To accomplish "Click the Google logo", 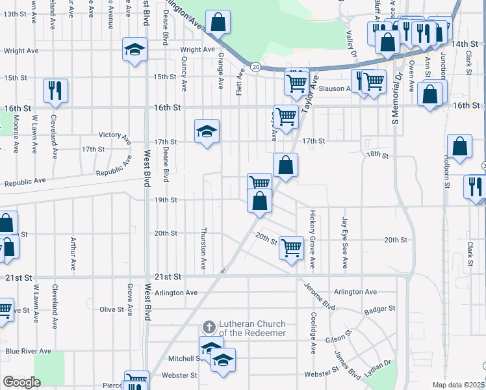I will click(x=21, y=382).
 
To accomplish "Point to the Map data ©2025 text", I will click(x=459, y=385).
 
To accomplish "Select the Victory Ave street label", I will click(x=115, y=136).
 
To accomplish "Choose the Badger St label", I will click(x=383, y=308).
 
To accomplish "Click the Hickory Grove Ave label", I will click(x=313, y=239).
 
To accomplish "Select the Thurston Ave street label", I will click(x=203, y=249).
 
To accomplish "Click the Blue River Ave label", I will click(x=28, y=351).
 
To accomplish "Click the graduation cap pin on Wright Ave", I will click(x=135, y=49).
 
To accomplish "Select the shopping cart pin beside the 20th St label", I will click(x=292, y=246).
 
